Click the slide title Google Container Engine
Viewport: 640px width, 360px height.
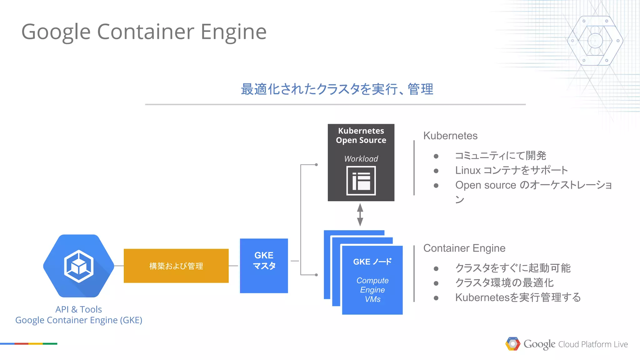click(x=144, y=32)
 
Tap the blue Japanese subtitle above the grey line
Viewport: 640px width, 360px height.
click(x=337, y=89)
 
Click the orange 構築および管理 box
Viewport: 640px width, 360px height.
click(x=176, y=266)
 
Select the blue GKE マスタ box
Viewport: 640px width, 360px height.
click(x=264, y=266)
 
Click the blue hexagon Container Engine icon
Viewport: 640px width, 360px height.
click(x=79, y=266)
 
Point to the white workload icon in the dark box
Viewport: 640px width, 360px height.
click(x=361, y=181)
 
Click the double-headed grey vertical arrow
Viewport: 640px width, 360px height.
click(x=360, y=215)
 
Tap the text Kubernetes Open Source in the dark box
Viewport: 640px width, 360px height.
click(x=361, y=135)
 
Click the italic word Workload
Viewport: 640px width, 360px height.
click(x=361, y=159)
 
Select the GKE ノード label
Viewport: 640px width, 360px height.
click(x=372, y=262)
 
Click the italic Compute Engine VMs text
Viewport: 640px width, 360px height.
click(x=372, y=290)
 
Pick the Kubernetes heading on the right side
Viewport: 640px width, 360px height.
click(x=450, y=136)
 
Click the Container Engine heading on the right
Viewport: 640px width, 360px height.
click(x=464, y=248)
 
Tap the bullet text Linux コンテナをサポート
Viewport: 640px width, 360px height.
click(x=511, y=170)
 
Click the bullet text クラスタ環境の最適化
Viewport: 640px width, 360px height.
click(x=504, y=283)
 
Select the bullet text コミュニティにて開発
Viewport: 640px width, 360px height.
click(x=500, y=156)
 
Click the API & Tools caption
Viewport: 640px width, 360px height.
click(x=79, y=309)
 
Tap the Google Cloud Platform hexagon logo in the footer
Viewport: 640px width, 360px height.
click(x=512, y=344)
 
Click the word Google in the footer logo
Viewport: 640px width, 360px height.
click(x=539, y=344)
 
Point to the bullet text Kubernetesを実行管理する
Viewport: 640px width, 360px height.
click(x=518, y=297)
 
